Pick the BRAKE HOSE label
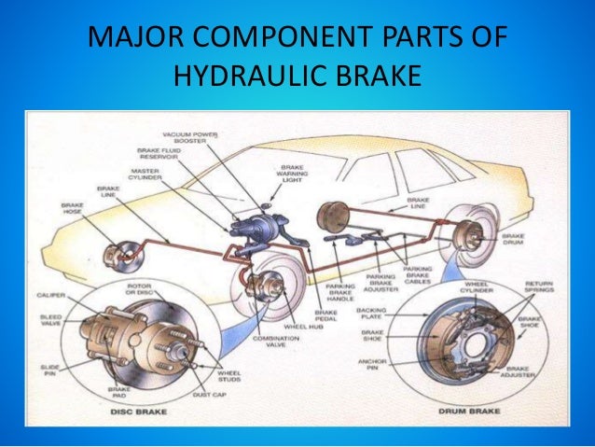[x=74, y=206]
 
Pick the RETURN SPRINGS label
[x=540, y=286]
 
